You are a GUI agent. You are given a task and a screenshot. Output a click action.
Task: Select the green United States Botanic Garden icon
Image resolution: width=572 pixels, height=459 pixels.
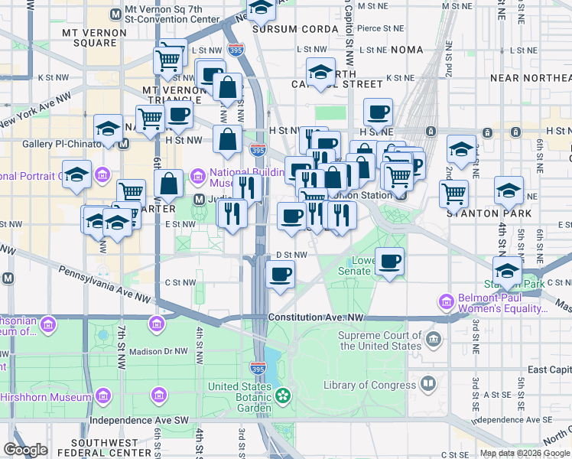284,396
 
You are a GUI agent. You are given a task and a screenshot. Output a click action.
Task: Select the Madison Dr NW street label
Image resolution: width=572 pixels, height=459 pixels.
158,351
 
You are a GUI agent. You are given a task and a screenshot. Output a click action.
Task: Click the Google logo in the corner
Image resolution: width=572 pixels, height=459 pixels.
25,450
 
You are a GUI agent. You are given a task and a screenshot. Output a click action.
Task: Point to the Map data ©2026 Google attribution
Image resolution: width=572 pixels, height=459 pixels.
524,453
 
